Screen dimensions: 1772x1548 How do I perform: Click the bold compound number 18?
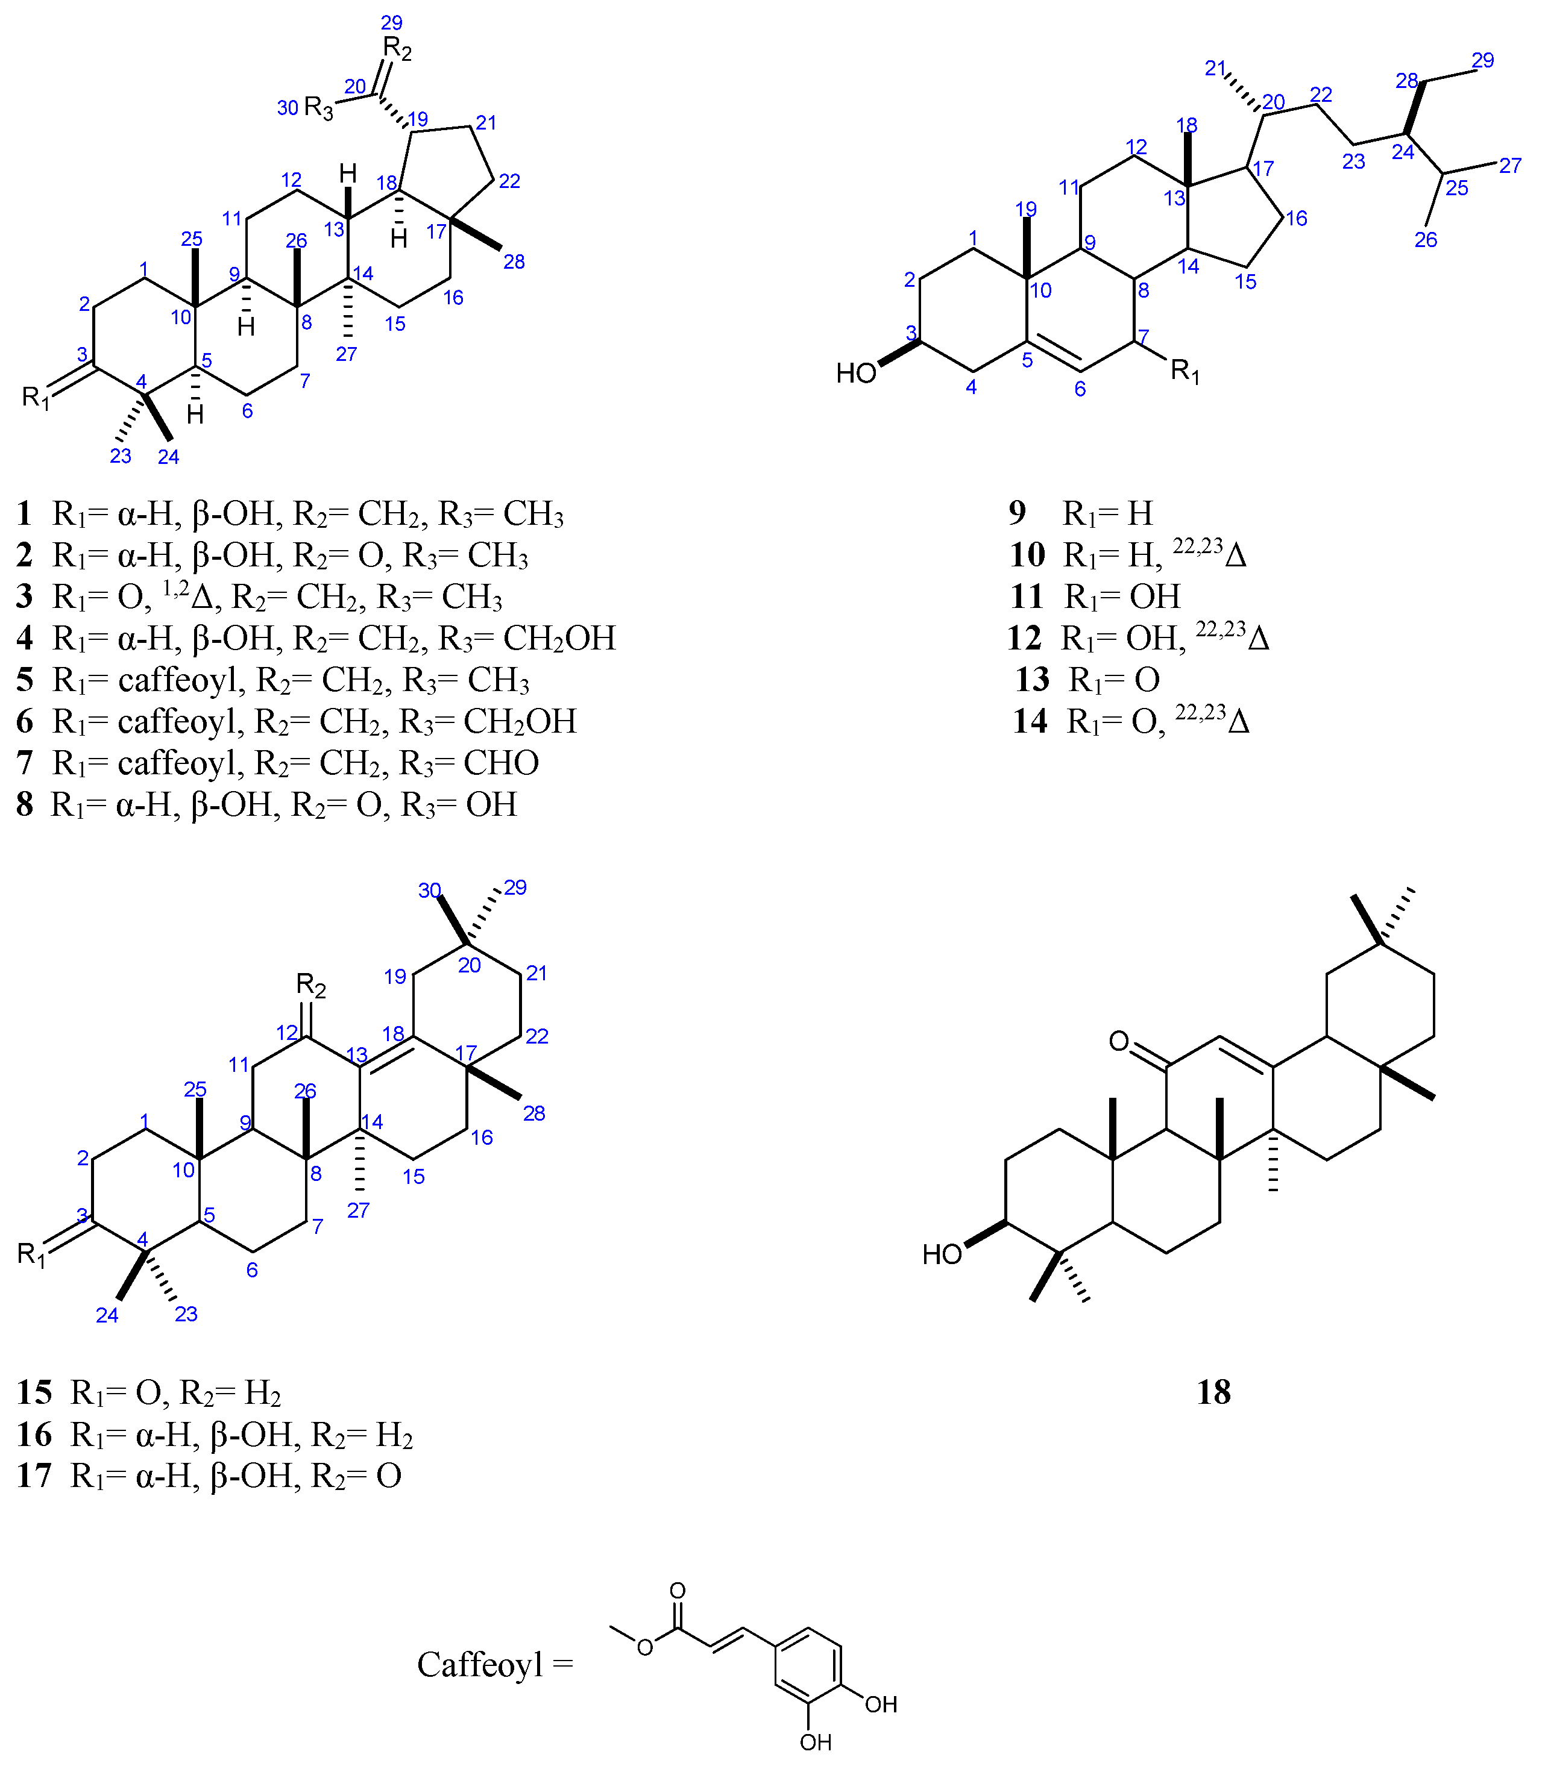pos(1213,1392)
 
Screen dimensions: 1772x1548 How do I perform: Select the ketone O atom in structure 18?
pos(1119,1041)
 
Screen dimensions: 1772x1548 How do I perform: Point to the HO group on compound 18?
pos(942,1254)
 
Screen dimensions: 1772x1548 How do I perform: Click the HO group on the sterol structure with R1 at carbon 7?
pos(856,373)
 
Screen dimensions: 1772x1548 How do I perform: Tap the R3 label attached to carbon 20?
pos(319,109)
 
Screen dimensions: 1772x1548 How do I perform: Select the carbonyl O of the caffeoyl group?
pos(678,1591)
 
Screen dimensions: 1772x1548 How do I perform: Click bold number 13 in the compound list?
pos(1032,680)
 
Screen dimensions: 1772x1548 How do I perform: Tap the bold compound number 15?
pos(34,1392)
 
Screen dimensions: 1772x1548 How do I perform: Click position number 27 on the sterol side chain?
pos(1510,166)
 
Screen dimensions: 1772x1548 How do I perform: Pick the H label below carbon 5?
pos(196,415)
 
